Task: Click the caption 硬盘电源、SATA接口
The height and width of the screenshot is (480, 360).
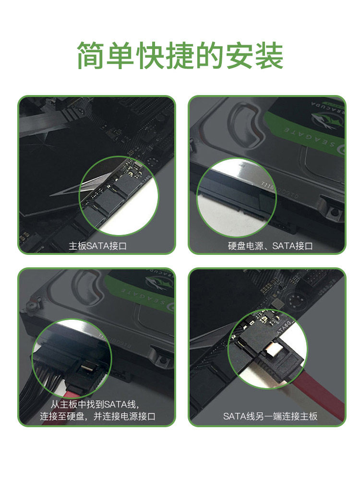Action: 270,246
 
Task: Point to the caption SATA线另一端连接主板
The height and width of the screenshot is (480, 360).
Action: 270,416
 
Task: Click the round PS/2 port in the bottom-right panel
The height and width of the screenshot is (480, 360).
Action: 293,302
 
